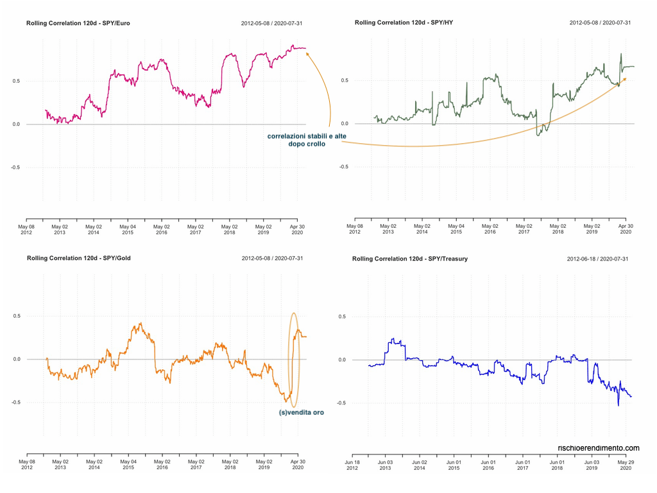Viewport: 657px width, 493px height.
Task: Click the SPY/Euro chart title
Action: pyautogui.click(x=78, y=23)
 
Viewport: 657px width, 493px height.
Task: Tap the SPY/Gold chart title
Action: pyautogui.click(x=78, y=259)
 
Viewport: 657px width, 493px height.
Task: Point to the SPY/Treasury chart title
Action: pyautogui.click(x=410, y=259)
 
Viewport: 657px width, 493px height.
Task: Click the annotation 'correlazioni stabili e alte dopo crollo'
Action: pyautogui.click(x=298, y=140)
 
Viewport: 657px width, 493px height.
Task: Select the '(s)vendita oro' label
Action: pyautogui.click(x=302, y=413)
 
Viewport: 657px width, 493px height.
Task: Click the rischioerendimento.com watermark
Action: pyautogui.click(x=599, y=448)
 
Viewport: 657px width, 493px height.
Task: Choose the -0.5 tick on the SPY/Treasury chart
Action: pyautogui.click(x=342, y=403)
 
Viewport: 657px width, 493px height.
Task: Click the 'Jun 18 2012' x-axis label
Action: pyautogui.click(x=352, y=465)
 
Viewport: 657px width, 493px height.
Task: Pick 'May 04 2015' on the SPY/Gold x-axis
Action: pyautogui.click(x=128, y=465)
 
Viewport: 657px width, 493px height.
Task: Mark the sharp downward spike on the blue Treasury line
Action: pyautogui.click(x=619, y=404)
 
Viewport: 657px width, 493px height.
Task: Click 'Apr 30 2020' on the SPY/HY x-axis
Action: pyautogui.click(x=626, y=230)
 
